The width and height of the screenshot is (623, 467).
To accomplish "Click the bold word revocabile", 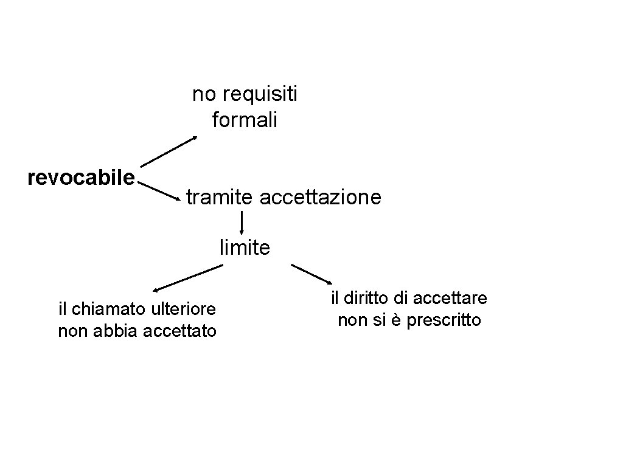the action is pos(82,178).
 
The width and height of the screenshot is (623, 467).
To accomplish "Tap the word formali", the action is pos(245,120).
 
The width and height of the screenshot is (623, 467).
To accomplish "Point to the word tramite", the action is pos(220,197).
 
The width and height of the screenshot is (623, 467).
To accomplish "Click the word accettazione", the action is pos(321,197).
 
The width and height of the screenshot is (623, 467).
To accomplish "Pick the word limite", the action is pos(245,247).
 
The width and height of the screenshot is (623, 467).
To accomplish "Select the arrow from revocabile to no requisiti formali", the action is pos(169,151).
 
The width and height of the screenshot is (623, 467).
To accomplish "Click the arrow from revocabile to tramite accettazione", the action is pos(161,190).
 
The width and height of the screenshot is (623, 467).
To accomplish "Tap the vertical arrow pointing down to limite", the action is pos(242,223).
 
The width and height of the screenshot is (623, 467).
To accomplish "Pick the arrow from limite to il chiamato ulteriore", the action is pos(187,278).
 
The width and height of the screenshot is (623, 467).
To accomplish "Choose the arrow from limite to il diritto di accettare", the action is pos(311,274).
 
